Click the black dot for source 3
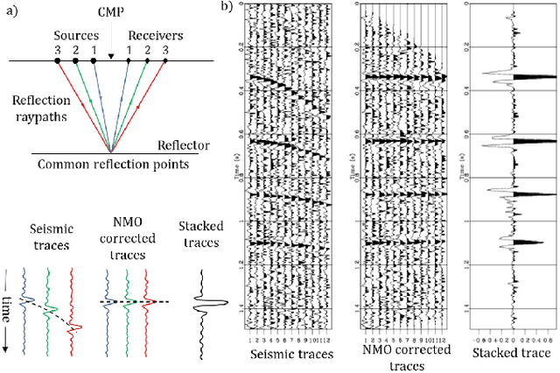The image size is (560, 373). tap(57, 60)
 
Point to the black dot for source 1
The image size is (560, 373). tap(94, 60)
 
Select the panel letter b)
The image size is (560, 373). tap(226, 7)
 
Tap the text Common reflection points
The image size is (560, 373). tap(108, 164)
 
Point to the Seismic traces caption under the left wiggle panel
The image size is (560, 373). tap(285, 354)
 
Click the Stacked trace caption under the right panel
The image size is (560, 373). tap(508, 354)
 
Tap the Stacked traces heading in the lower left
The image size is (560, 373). tap(209, 236)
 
